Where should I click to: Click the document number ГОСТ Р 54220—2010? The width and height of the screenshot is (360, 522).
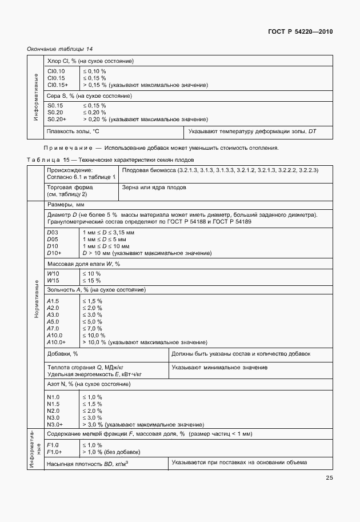tap(301, 32)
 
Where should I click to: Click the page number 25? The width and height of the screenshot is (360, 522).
tap(329, 478)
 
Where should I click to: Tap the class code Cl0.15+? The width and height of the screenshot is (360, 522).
tap(58, 85)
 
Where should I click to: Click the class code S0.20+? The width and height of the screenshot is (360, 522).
tap(57, 119)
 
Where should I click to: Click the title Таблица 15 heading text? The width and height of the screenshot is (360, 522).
tap(110, 160)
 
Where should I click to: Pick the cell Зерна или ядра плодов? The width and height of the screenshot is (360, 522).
tap(154, 187)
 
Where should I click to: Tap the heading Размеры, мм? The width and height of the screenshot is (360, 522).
tap(66, 204)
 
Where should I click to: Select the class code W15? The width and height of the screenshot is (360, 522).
tap(53, 281)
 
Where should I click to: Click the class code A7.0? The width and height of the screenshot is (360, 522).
tap(53, 328)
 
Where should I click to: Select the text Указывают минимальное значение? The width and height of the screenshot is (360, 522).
tap(219, 368)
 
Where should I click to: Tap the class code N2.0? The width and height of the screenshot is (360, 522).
tap(53, 411)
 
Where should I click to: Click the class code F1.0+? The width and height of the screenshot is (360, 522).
tap(55, 452)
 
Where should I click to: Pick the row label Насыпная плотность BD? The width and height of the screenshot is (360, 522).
tap(87, 464)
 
